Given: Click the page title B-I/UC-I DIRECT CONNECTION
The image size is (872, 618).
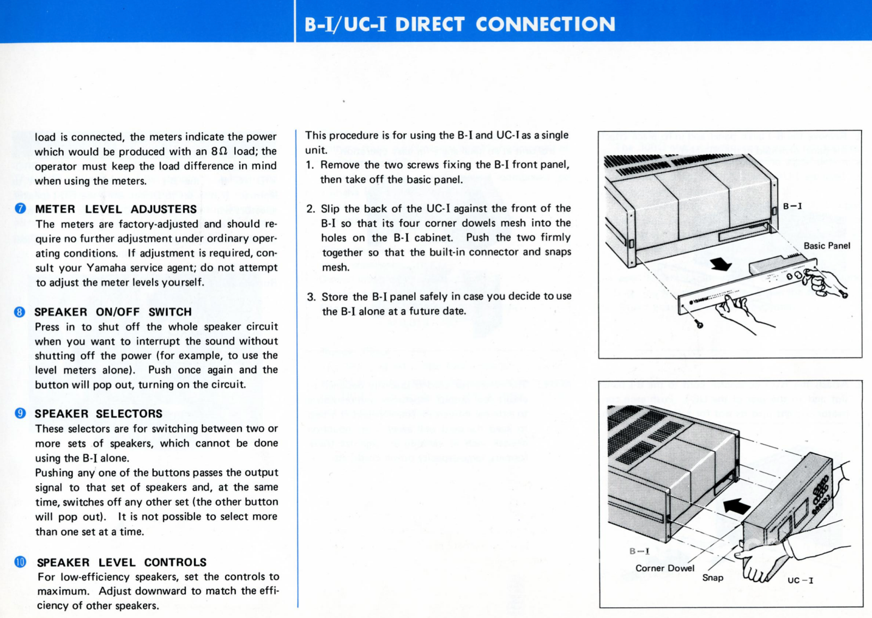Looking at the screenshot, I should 459,25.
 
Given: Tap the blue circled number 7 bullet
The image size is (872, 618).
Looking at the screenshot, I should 21,209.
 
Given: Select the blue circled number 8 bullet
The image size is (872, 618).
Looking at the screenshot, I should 20,312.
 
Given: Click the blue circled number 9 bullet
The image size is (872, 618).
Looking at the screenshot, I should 20,414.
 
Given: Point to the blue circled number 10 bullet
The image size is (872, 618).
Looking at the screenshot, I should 20,562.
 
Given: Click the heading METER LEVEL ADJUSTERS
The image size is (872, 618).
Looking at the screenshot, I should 116,209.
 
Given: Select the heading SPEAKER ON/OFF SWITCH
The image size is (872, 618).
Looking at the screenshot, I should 113,312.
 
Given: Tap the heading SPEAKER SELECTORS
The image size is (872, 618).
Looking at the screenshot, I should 99,414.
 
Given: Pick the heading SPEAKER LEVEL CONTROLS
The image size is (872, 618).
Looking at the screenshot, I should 122,562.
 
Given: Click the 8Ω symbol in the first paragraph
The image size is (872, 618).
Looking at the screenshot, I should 219,152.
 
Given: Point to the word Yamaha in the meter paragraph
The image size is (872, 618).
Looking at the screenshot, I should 107,268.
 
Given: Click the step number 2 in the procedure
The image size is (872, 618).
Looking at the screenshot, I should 311,209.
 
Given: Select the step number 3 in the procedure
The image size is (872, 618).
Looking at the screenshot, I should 311,297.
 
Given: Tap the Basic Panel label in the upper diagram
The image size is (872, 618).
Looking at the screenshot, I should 826,246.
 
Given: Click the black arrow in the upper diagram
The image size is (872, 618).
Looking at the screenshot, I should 721,264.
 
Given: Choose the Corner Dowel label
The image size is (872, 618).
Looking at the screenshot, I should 664,568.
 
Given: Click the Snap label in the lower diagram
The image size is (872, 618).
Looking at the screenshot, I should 712,578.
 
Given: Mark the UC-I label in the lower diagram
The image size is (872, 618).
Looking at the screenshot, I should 800,580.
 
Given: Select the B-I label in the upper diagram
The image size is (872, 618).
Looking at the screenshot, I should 792,206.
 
